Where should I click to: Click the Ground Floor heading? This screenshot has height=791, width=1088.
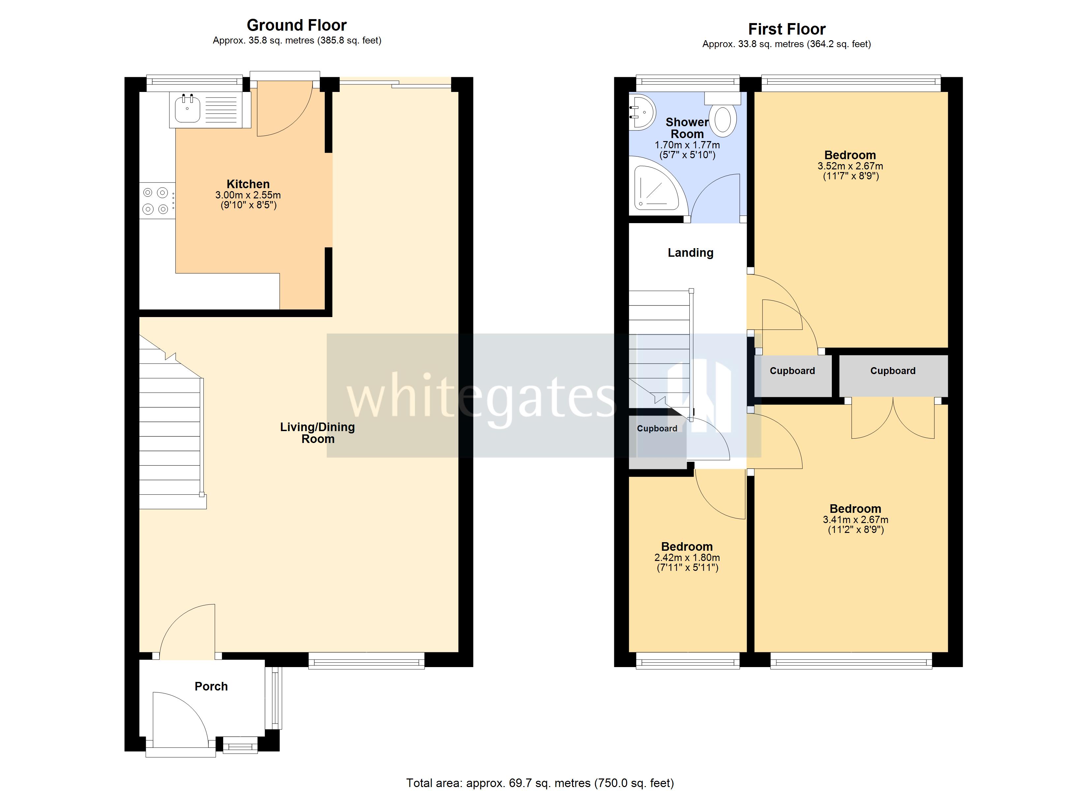pos(296,25)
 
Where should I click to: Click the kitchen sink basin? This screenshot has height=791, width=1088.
pos(188,109)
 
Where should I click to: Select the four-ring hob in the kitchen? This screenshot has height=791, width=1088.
pos(156,200)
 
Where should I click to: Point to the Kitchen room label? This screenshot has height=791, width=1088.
pos(248,184)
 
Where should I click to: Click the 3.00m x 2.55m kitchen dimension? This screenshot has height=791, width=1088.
pos(248,195)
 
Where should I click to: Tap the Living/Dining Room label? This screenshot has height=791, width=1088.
pos(317,433)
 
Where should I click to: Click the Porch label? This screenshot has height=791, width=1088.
pos(211,687)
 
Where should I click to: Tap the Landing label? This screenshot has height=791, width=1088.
pos(690,253)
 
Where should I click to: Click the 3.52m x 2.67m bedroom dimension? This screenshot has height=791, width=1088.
pos(850,166)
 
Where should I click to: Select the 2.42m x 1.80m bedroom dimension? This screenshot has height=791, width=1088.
pos(687,558)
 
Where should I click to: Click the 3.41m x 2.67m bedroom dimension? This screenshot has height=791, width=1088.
pos(855,519)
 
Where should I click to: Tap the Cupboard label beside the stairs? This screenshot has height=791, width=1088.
pos(657,429)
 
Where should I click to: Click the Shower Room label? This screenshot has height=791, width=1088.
pos(687,128)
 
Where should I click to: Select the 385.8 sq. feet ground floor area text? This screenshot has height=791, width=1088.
pos(349,41)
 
